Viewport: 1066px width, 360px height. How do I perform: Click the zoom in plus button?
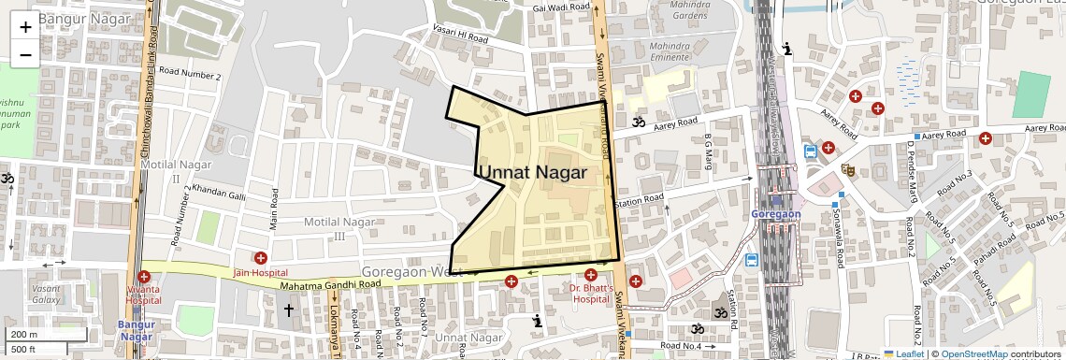25,26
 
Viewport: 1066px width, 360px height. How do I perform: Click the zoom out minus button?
25,54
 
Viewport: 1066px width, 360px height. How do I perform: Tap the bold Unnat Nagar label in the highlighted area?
532,173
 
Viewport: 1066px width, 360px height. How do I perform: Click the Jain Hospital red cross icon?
260,258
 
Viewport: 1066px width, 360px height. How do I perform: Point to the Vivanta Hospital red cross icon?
143,277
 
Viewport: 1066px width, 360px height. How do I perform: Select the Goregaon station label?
775,214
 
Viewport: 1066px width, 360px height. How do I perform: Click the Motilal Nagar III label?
339,228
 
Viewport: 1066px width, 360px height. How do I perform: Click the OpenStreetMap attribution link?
973,353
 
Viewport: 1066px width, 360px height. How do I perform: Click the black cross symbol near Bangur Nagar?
289,309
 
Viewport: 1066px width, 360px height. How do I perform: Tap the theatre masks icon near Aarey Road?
849,169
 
